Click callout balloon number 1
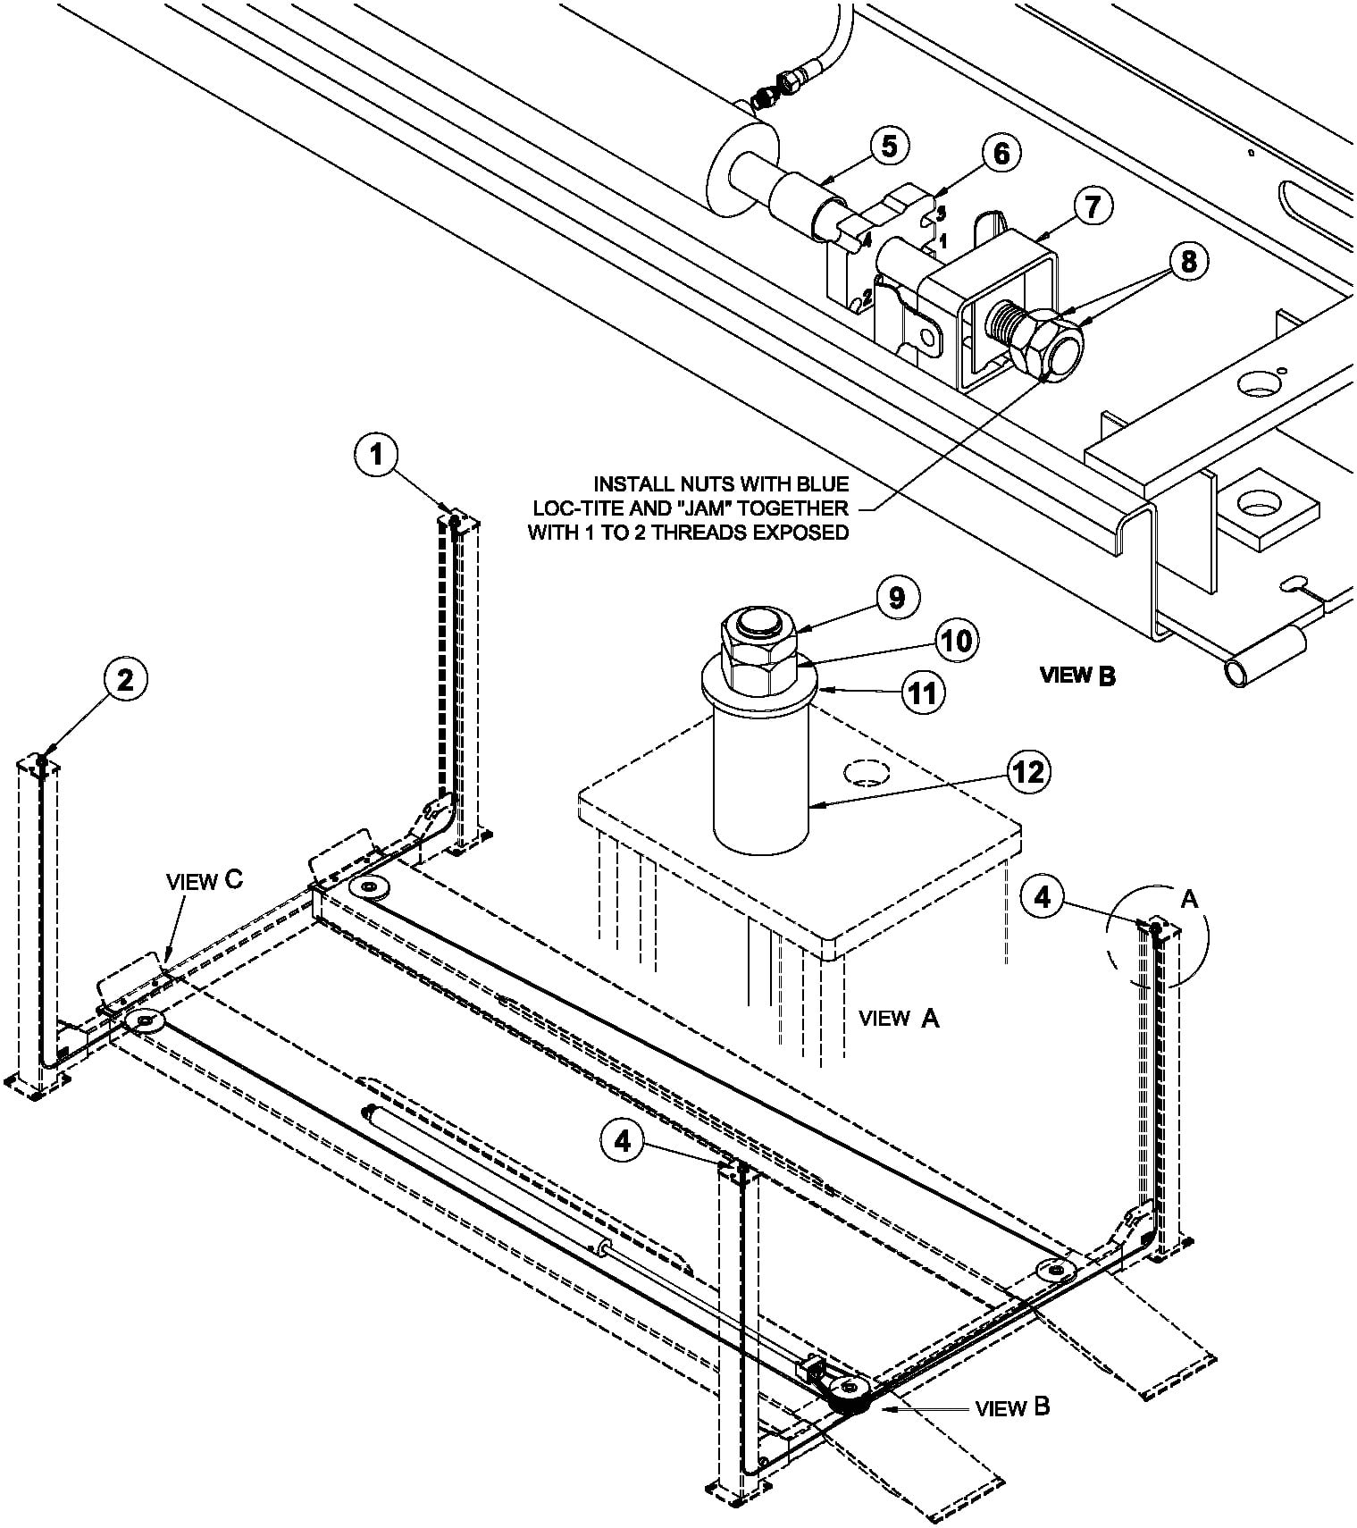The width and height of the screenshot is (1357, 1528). pyautogui.click(x=376, y=455)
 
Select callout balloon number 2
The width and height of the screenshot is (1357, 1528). pyautogui.click(x=126, y=680)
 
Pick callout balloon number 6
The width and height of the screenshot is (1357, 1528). pyautogui.click(x=1001, y=154)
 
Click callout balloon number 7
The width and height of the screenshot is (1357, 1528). pyautogui.click(x=1093, y=206)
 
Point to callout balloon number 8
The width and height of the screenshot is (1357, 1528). pyautogui.click(x=1187, y=261)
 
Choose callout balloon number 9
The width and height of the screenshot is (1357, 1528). pyautogui.click(x=896, y=597)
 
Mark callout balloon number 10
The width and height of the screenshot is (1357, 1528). pyautogui.click(x=957, y=641)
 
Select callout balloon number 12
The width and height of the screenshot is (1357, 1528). pyautogui.click(x=1029, y=771)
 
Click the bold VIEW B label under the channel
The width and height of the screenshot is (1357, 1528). pyautogui.click(x=1078, y=676)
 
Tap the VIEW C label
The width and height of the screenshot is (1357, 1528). pyautogui.click(x=205, y=880)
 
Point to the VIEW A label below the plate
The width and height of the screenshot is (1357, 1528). pyautogui.click(x=899, y=1017)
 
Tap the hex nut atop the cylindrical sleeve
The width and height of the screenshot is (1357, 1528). pyautogui.click(x=758, y=651)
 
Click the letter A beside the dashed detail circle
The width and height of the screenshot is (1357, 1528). pyautogui.click(x=1189, y=898)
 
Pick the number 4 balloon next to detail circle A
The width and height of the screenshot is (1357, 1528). pyautogui.click(x=1044, y=897)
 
